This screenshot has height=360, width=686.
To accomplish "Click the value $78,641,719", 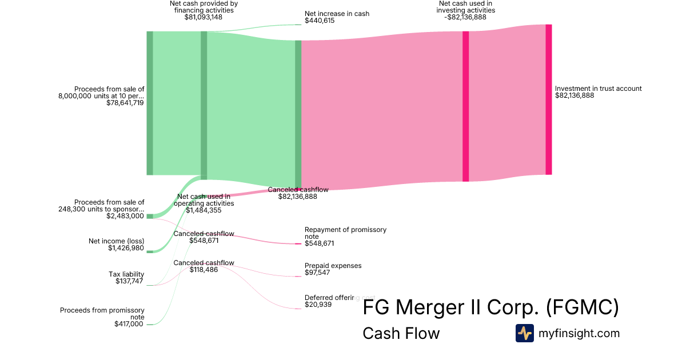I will click(x=125, y=103).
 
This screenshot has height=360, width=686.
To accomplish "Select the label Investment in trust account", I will click(x=598, y=89).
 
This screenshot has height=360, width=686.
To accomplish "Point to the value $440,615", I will click(x=320, y=21).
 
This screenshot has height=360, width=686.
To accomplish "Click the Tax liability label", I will click(x=126, y=274).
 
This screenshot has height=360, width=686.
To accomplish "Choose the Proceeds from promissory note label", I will click(x=102, y=314).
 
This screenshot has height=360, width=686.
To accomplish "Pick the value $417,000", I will click(x=129, y=325).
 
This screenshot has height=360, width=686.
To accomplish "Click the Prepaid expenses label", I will click(x=333, y=266).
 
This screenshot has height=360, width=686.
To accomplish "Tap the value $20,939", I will click(x=318, y=305).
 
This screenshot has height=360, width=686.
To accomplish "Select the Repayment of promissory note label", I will click(x=345, y=233).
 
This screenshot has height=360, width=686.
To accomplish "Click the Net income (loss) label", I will click(x=116, y=241).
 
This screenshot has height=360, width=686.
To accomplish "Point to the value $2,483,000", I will click(x=125, y=216).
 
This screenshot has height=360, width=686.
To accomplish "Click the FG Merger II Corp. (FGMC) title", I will click(x=490, y=308).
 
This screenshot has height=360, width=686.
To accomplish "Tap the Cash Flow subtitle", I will click(x=401, y=333).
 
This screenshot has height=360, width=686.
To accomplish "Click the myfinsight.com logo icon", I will click(x=524, y=333).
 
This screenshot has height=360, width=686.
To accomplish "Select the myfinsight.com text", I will click(x=579, y=333).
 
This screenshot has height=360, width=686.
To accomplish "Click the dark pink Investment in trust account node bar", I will click(x=549, y=99).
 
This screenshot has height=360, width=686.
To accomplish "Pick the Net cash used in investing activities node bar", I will click(x=465, y=106).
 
